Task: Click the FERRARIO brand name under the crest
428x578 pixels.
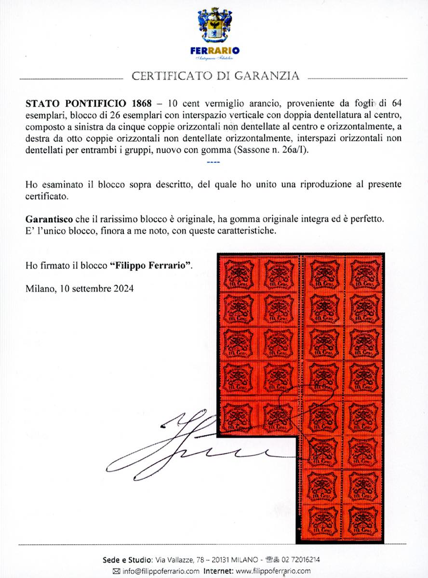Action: click(x=214, y=51)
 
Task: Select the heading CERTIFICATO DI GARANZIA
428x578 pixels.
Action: click(x=215, y=76)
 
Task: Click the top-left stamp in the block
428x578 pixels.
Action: click(x=238, y=274)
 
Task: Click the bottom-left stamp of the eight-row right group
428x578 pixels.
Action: click(x=322, y=520)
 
